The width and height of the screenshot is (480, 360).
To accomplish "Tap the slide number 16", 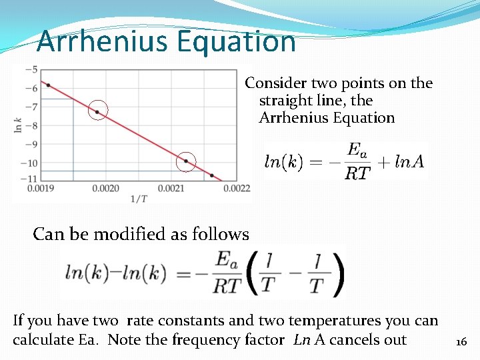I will pos(460,343).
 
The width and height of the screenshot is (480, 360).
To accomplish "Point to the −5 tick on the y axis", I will pos(31,69).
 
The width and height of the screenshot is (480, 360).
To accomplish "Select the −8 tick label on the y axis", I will pos(31,125).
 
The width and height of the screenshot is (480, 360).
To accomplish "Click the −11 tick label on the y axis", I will pos(30,179).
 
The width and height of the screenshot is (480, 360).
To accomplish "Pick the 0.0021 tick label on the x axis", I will pos(171,189).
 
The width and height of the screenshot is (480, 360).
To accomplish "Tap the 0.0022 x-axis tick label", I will pos(237,189).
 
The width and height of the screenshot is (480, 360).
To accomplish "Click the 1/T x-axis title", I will pos(138,198).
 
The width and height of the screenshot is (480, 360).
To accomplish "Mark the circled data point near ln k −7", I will pos(97,112).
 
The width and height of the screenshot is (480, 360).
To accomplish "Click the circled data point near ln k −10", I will pos(186,161).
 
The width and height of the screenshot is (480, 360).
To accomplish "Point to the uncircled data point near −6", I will pos(48,85).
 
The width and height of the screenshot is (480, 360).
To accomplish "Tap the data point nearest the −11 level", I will pos(212,175).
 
